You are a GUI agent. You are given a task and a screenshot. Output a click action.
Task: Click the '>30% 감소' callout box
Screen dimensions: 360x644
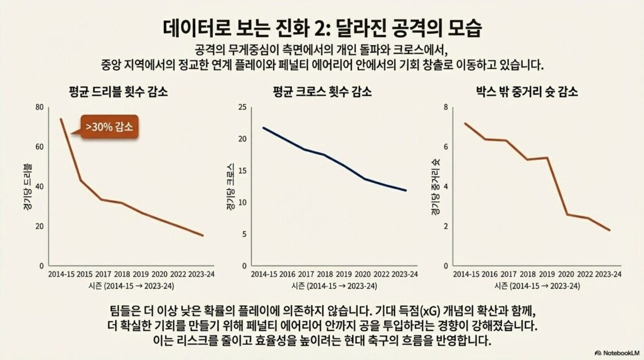109,127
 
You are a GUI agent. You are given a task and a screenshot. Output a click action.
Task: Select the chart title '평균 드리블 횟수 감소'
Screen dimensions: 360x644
119,92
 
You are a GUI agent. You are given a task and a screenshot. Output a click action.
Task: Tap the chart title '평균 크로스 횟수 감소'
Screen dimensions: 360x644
322,92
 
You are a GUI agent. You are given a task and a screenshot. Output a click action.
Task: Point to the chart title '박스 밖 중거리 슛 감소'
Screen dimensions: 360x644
527,92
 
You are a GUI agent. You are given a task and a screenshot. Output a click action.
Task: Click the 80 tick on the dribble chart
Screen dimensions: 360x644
40,107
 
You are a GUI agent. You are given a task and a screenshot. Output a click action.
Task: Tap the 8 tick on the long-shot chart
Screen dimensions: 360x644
445,107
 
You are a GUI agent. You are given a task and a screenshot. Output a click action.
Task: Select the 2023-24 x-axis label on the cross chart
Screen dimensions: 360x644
405,274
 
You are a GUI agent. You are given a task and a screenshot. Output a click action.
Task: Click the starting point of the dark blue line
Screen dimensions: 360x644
264,127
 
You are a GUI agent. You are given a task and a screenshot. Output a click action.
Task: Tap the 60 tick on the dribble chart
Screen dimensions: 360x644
40,147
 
